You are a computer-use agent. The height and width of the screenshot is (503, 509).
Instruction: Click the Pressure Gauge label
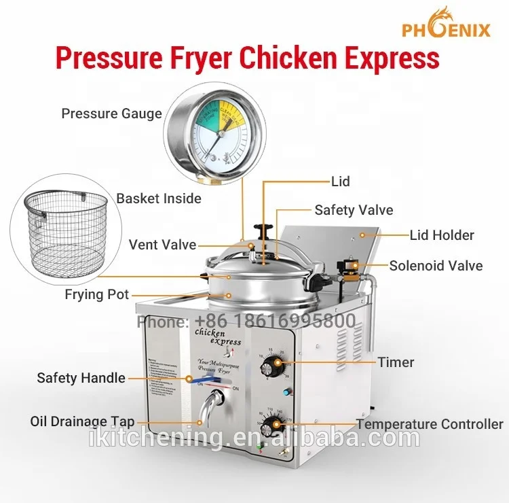pyautogui.click(x=111, y=114)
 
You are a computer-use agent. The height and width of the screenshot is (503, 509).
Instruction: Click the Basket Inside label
pyautogui.click(x=159, y=198)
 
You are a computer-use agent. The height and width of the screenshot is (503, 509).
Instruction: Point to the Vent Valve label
pyautogui.click(x=162, y=245)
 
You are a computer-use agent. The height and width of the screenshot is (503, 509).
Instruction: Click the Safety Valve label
pyautogui.click(x=354, y=210)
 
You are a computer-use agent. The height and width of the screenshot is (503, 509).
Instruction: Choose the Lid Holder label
pyautogui.click(x=442, y=235)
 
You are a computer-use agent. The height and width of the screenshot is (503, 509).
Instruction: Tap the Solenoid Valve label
pyautogui.click(x=436, y=265)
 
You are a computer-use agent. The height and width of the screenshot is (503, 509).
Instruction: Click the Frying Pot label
pyautogui.click(x=96, y=295)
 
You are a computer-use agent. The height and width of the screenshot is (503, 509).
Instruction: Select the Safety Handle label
pyautogui.click(x=81, y=377)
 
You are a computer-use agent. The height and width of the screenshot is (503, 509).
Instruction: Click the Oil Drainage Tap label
pyautogui.click(x=82, y=421)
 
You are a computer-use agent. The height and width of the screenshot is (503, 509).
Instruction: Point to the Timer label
pyautogui.click(x=396, y=362)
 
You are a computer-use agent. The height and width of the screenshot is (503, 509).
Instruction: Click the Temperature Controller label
pyautogui.click(x=430, y=424)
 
